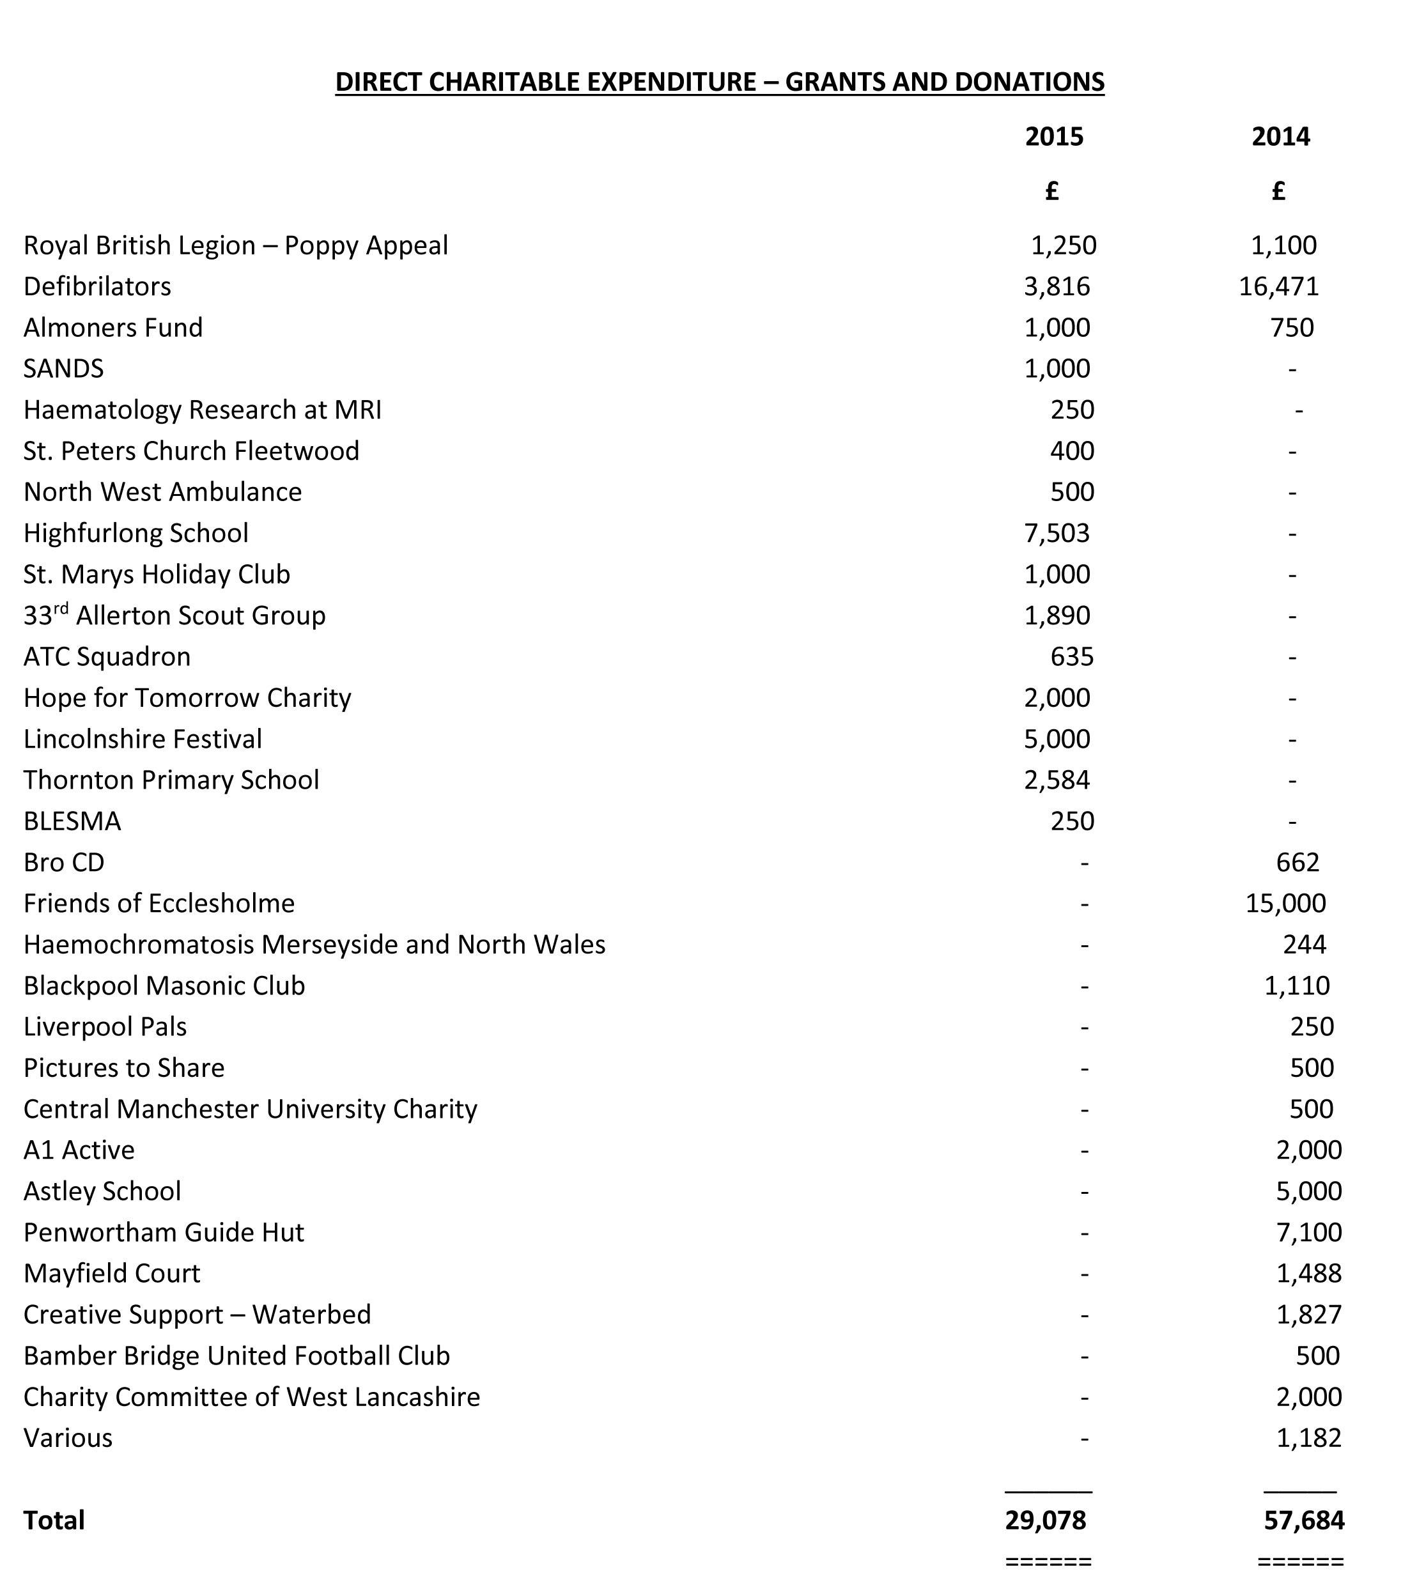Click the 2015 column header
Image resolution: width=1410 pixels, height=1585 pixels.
coord(1054,137)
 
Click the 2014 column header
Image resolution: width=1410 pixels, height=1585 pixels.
coord(1280,137)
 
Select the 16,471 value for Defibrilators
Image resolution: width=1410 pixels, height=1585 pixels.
coord(1278,286)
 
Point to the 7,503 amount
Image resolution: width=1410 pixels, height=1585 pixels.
coord(1057,533)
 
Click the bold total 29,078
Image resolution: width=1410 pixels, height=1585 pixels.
coord(1046,1520)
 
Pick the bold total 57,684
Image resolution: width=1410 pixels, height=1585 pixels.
coord(1304,1520)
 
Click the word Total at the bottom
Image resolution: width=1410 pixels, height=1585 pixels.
coord(54,1520)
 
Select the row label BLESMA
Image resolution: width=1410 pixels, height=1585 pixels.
coord(72,821)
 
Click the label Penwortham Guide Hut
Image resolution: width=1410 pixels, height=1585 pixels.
coord(164,1232)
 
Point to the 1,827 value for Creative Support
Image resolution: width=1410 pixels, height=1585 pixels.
coord(1308,1315)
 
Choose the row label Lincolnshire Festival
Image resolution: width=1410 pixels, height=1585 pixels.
coord(143,738)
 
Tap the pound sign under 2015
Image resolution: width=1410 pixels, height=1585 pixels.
coord(1051,190)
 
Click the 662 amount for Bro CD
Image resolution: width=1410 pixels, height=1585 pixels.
coord(1297,862)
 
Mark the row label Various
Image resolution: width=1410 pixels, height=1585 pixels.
coord(68,1437)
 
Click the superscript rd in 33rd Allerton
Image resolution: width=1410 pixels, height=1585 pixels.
coord(61,607)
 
